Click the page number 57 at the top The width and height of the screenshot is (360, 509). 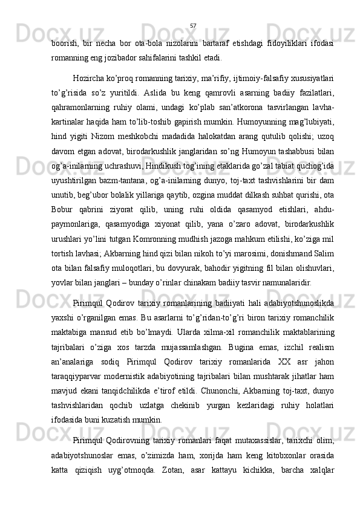point(192,25)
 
